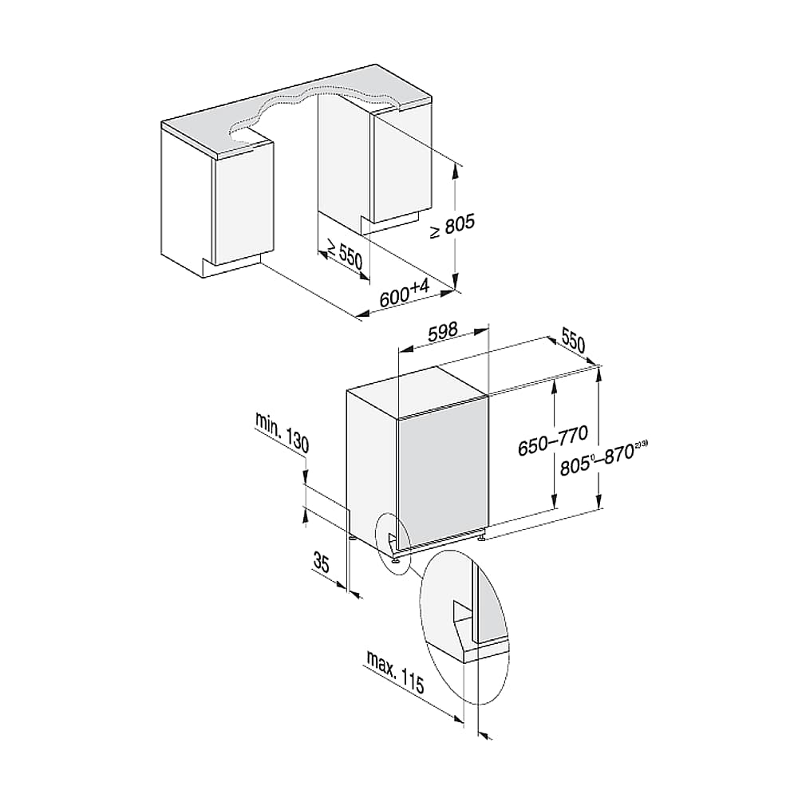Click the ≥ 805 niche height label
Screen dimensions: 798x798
pyautogui.click(x=452, y=227)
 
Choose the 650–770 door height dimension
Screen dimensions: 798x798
pyautogui.click(x=553, y=440)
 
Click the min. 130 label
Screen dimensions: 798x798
pyautogui.click(x=282, y=433)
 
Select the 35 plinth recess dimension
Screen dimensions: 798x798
pyautogui.click(x=322, y=563)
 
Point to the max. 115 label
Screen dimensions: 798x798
pyautogui.click(x=395, y=672)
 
